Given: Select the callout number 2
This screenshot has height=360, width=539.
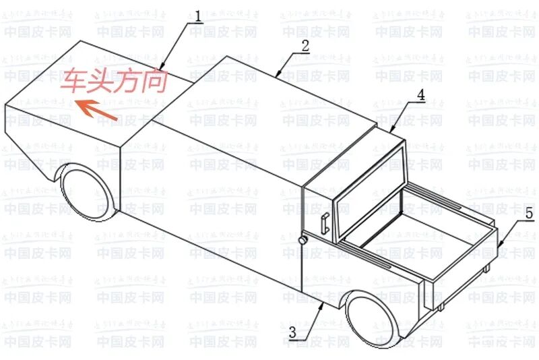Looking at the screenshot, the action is pyautogui.click(x=305, y=46).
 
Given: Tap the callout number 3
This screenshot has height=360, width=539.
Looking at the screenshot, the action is pyautogui.click(x=293, y=332).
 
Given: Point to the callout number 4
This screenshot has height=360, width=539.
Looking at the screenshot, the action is pyautogui.click(x=420, y=95).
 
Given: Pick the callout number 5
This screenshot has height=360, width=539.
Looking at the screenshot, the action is pyautogui.click(x=529, y=214).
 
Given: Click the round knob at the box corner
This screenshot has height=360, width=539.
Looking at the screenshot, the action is pyautogui.click(x=303, y=239).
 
